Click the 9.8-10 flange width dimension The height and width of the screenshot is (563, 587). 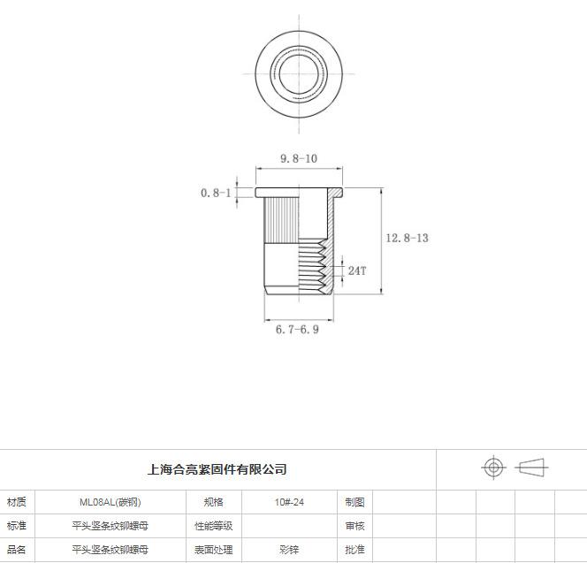pos(299,159)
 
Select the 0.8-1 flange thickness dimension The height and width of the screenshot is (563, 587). pos(216,194)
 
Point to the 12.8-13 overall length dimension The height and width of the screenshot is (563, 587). pos(407,238)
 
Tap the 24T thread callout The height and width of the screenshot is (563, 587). pos(357,270)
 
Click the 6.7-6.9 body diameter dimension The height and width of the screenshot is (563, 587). pos(297,330)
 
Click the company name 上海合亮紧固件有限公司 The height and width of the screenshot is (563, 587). pos(217,469)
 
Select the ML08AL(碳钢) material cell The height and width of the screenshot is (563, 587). pos(110,502)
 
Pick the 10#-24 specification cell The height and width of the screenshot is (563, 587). pos(289,502)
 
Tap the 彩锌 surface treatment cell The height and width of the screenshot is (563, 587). pos(289,550)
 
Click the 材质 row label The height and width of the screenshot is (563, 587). pos(17,502)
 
